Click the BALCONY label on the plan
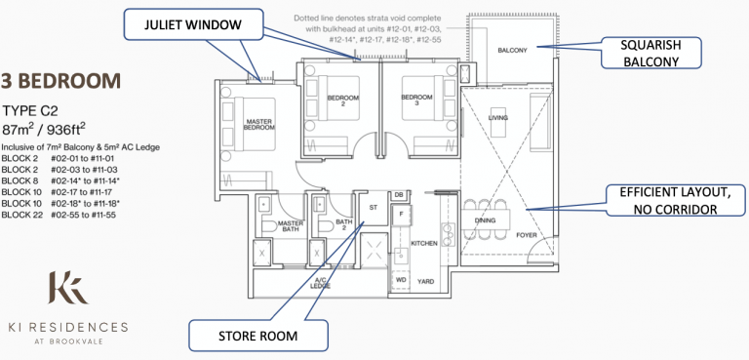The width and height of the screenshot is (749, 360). click(x=511, y=50)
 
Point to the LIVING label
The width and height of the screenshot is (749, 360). click(x=497, y=117)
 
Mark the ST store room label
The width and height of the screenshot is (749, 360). click(x=373, y=208)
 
